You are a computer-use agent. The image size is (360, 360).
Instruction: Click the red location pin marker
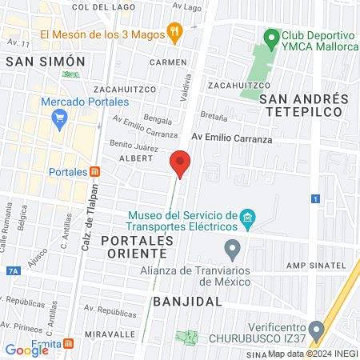(x=181, y=163)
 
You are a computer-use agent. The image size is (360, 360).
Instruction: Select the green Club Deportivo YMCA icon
(x=272, y=37)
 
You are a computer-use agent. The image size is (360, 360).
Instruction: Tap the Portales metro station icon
(x=95, y=172)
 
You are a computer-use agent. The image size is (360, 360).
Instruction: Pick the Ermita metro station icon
(x=70, y=345)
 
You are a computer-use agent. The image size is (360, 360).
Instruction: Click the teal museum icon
(x=248, y=218)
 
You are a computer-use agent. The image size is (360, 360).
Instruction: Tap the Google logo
(x=27, y=350)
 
